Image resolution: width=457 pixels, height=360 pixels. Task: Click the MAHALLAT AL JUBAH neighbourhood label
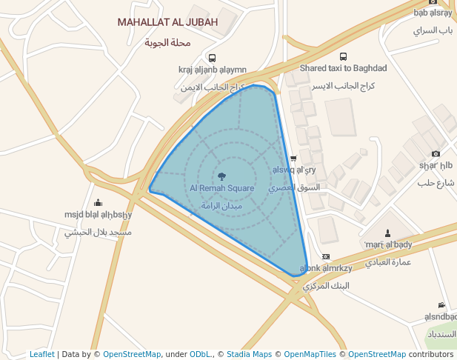(x=167, y=22)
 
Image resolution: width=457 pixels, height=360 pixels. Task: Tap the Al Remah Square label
(x=221, y=188)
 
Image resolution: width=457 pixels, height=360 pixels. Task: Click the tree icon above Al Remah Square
(x=221, y=176)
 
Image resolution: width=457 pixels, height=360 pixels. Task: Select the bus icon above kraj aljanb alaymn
(x=212, y=58)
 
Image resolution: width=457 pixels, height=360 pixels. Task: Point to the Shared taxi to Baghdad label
(x=343, y=68)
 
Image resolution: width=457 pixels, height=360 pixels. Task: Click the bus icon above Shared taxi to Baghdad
(x=343, y=56)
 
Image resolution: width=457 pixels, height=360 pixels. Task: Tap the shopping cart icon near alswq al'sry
(x=293, y=159)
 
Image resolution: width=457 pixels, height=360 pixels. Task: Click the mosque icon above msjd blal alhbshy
(x=98, y=203)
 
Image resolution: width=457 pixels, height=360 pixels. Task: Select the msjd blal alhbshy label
(x=98, y=215)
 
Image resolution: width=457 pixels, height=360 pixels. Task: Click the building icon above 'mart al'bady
(x=388, y=233)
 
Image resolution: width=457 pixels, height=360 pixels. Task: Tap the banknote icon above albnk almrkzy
(x=325, y=256)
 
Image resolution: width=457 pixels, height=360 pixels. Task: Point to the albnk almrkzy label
(x=324, y=268)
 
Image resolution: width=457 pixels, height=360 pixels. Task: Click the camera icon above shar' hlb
(x=436, y=154)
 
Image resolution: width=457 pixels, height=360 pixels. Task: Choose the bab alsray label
(x=433, y=13)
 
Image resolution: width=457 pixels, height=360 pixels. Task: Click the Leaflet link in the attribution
(x=41, y=354)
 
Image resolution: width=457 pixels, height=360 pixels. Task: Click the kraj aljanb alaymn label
(x=212, y=70)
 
